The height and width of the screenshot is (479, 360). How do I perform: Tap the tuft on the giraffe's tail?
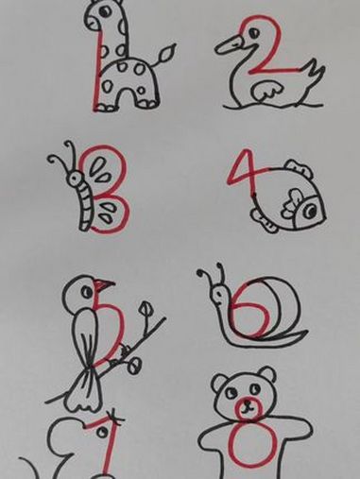pyautogui.click(x=169, y=49)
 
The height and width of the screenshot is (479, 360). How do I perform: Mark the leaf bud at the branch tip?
pyautogui.click(x=146, y=309)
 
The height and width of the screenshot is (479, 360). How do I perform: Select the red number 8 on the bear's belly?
pyautogui.click(x=247, y=445)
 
